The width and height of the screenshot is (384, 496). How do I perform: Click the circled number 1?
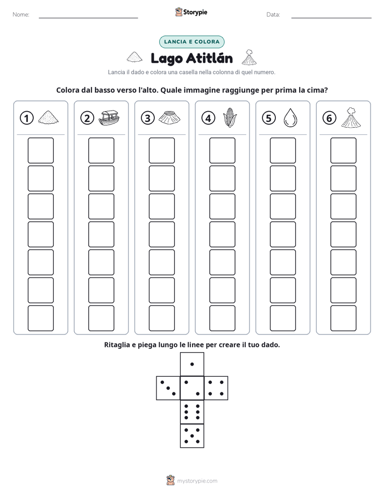pos(26,118)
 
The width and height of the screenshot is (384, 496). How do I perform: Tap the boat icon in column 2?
pos(109,118)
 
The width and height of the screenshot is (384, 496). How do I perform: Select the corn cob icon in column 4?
pos(230,118)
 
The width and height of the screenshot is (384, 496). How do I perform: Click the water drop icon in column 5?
pos(290,118)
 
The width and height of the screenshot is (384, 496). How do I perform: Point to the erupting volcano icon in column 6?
pos(351,118)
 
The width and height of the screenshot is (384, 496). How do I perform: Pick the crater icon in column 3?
pos(169,118)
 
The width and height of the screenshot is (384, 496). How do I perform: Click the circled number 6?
pos(329,118)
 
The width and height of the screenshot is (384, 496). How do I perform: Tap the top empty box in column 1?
pos(40,150)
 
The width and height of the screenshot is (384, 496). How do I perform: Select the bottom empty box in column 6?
pos(343,318)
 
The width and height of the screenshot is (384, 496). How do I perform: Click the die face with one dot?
pos(192,364)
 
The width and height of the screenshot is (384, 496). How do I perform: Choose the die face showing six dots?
pos(192,412)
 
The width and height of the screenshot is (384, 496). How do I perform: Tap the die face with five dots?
pos(192,435)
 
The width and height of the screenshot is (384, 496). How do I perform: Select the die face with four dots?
pos(216,388)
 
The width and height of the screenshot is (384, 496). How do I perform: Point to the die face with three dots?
pos(168,388)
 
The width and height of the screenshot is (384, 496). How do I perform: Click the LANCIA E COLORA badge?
pos(191,42)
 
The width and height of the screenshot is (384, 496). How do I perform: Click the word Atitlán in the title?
pos(209,58)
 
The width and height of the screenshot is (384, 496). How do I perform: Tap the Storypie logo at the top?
pos(191,12)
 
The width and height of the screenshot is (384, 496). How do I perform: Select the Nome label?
pos(21,14)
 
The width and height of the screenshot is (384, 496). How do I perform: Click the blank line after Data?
pos(331,18)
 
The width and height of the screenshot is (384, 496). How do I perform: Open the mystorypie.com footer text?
pos(197,481)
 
